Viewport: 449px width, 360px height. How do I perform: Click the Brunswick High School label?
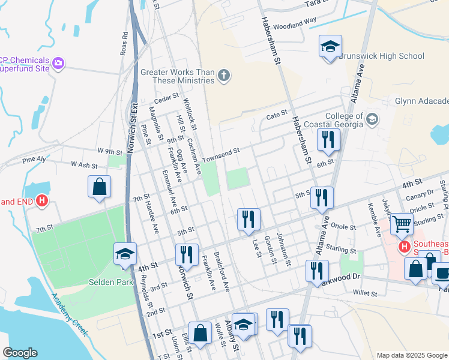382,56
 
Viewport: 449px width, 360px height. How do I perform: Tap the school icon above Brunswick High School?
330,47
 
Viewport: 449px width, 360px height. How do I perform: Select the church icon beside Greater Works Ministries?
223,76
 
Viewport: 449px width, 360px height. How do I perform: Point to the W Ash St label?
83,164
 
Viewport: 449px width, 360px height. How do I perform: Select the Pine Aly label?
34,160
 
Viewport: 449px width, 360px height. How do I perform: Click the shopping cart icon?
402,224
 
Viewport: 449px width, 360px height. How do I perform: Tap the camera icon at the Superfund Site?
59,62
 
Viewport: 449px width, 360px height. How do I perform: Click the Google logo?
20,353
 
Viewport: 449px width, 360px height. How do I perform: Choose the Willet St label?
365,293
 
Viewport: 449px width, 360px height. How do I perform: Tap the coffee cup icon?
442,273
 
